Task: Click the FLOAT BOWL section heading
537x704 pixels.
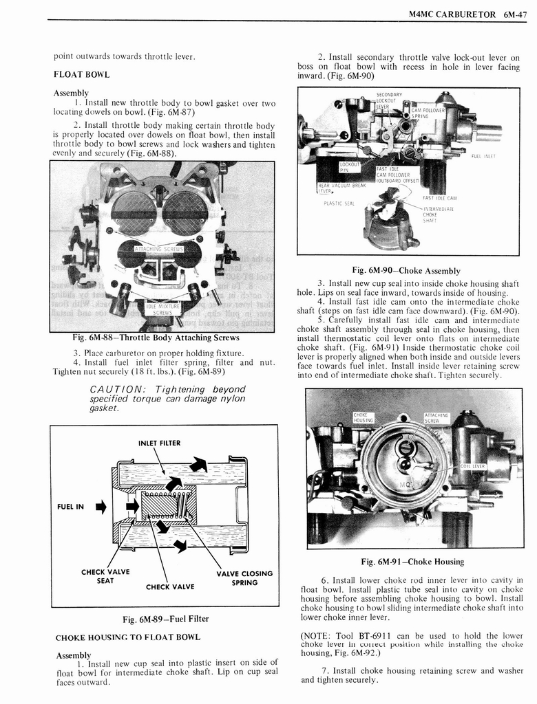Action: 81,74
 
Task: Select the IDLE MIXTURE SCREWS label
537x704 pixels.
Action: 162,309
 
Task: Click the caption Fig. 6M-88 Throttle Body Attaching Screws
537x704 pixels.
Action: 156,338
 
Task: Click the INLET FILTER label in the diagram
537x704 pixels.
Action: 159,443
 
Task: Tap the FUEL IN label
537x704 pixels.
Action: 70,507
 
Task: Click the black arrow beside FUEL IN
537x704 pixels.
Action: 101,508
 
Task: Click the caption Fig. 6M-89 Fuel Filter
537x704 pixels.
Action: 165,619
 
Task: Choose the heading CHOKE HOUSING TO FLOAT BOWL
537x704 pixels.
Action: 127,637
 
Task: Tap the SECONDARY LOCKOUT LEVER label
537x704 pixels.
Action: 389,100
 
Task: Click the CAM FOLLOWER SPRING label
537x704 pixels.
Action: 428,113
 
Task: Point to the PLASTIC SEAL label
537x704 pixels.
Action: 338,203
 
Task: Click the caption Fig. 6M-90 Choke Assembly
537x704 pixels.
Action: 406,270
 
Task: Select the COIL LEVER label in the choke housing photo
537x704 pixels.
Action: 473,467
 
